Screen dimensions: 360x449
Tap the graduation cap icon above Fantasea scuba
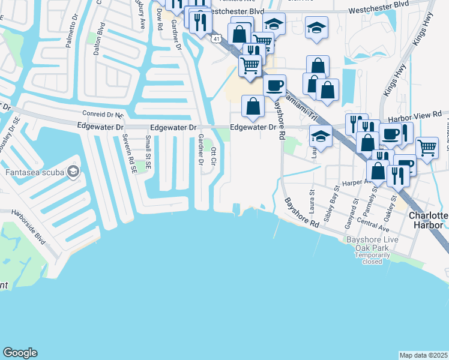tap(73, 173)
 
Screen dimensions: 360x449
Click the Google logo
tap(20, 353)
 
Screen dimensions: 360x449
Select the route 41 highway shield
tap(214, 38)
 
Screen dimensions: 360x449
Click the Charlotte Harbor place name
tap(428, 220)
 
